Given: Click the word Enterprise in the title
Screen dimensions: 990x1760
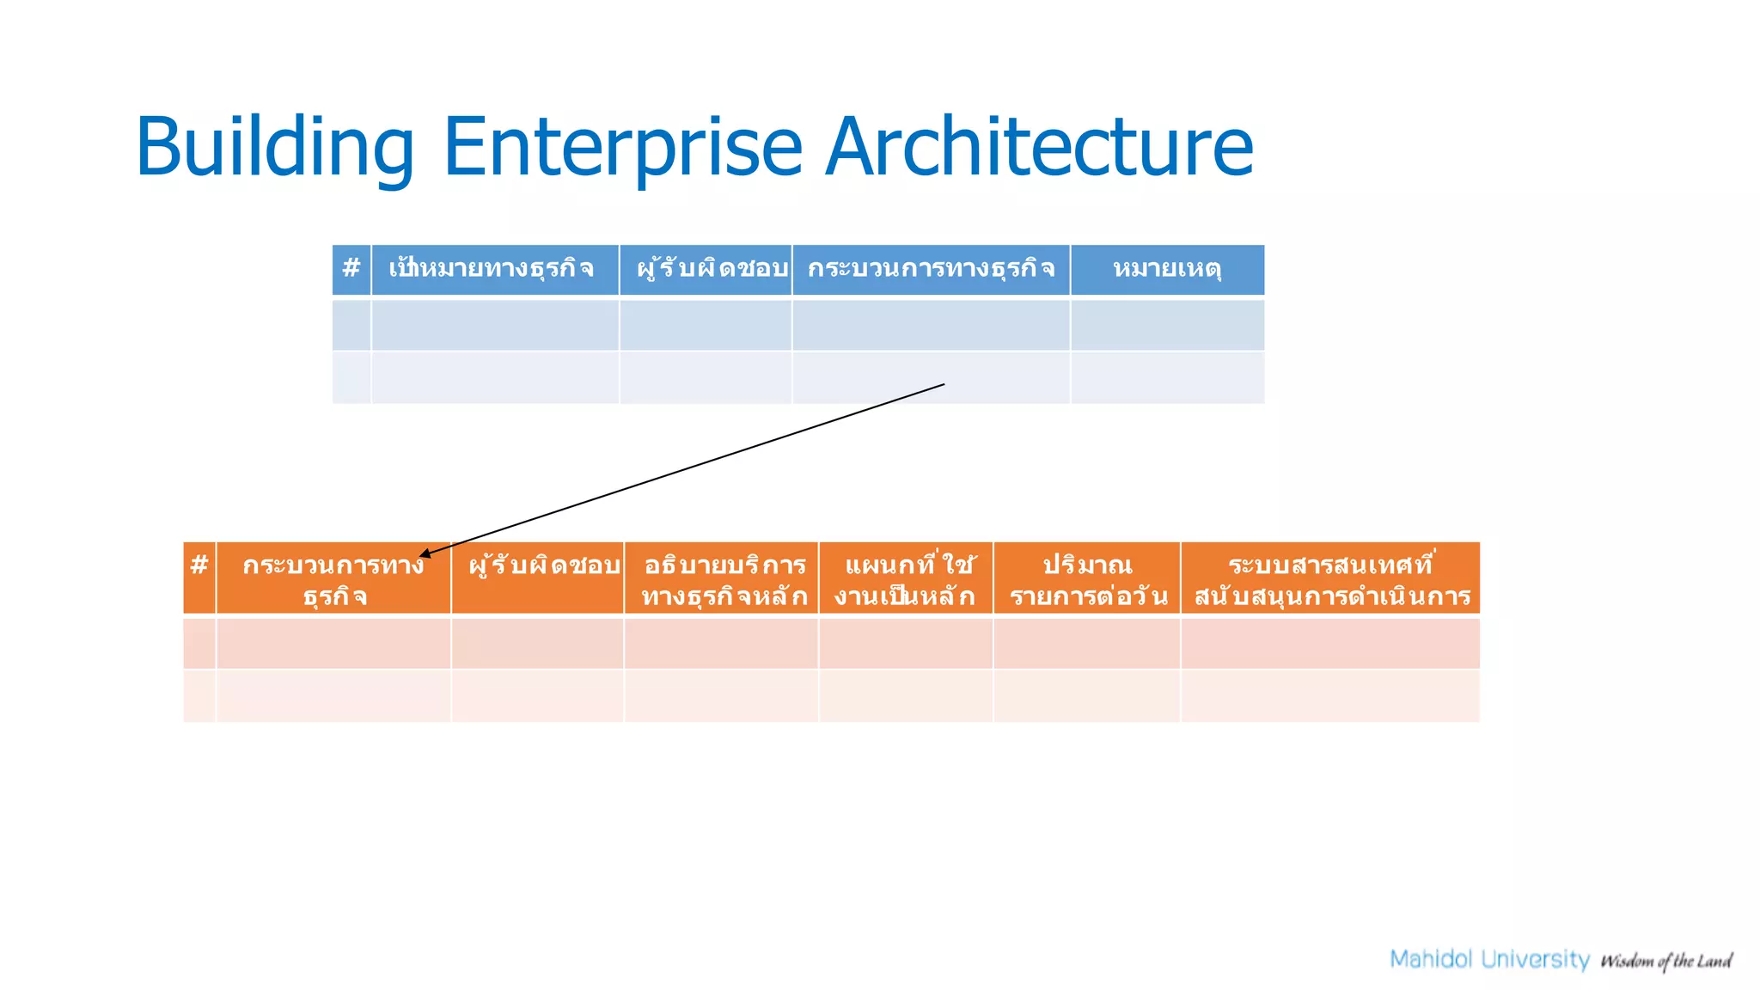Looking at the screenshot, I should pyautogui.click(x=622, y=148).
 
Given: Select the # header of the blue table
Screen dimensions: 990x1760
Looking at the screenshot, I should pyautogui.click(x=351, y=269).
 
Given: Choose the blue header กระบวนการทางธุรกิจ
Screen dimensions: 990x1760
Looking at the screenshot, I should pyautogui.click(x=931, y=269).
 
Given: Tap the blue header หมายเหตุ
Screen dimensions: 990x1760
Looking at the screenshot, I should pyautogui.click(x=1167, y=269).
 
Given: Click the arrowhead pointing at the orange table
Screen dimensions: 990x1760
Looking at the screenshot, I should pyautogui.click(x=425, y=554).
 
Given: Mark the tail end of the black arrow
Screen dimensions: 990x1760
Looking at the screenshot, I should pyautogui.click(x=943, y=385).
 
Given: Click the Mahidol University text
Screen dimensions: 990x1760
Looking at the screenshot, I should pyautogui.click(x=1489, y=959).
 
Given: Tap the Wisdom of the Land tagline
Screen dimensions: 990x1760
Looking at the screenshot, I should pyautogui.click(x=1665, y=961).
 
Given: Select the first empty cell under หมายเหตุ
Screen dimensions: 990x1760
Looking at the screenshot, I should pyautogui.click(x=1167, y=325).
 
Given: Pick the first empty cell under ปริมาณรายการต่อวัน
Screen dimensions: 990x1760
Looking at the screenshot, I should pyautogui.click(x=1087, y=643).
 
